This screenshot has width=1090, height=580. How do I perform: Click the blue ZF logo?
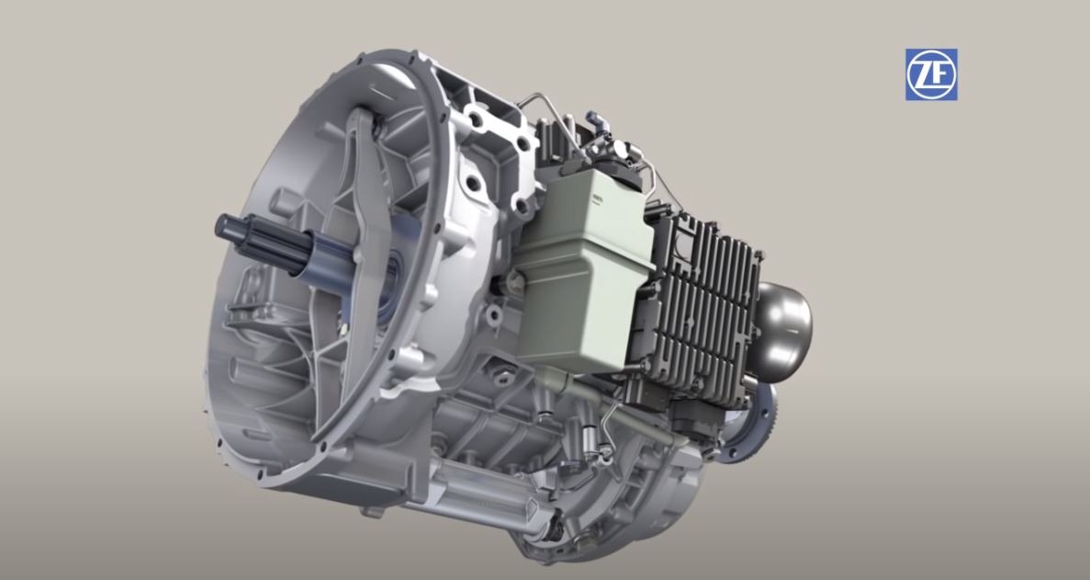(x=931, y=74)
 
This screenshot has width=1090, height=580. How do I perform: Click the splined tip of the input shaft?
(x=239, y=233)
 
